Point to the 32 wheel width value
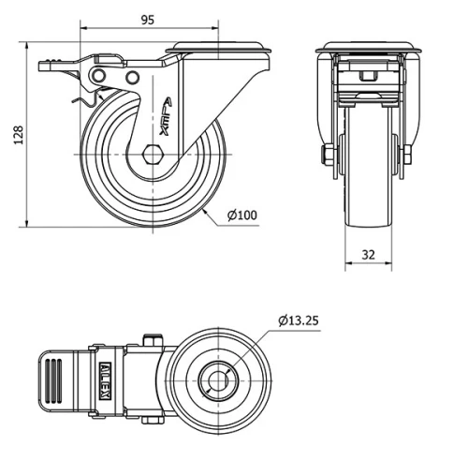(367, 253)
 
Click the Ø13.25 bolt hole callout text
(300, 320)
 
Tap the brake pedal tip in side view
(47, 66)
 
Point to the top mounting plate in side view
(208, 50)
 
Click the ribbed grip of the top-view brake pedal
(52, 379)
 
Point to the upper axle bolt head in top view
(150, 338)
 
